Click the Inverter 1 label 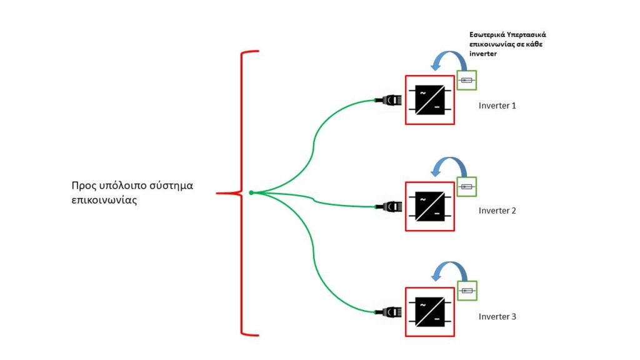pos(497,106)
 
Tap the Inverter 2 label pos(497,211)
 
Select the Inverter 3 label pos(497,316)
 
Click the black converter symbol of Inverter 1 pos(430,100)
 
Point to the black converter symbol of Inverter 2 pos(430,206)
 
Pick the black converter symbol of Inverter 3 pos(430,312)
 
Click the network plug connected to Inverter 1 pos(389,100)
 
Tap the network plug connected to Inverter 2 pos(389,206)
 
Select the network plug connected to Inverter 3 pos(389,312)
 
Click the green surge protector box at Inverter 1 pos(466,80)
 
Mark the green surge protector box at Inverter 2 pos(466,186)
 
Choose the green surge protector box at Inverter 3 pos(467,291)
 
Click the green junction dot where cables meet pos(251,192)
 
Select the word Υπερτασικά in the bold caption pos(529,35)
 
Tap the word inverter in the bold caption pos(483,54)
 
